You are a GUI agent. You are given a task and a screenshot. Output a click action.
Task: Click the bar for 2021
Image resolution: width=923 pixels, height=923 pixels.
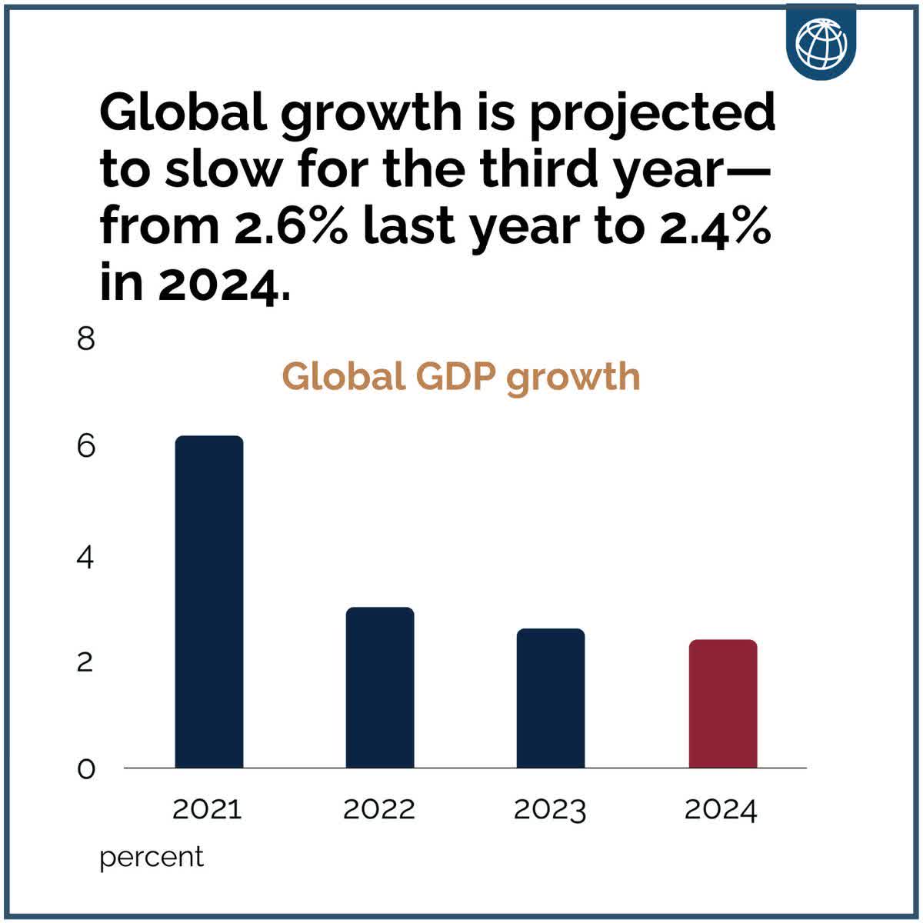pos(209,602)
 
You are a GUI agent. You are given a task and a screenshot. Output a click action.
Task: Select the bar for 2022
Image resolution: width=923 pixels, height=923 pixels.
pos(380,688)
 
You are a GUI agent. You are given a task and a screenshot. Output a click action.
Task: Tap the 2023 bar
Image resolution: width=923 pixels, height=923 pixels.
pos(551,698)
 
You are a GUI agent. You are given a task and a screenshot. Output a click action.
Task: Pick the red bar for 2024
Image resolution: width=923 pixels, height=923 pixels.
pos(722,704)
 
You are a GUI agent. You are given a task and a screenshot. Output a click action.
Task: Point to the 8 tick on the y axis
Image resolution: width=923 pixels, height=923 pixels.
pos(85,338)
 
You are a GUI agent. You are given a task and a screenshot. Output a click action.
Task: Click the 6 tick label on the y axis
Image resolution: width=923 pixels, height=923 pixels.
pos(85,446)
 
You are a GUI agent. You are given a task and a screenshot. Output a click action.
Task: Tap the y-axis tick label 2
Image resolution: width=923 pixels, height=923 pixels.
pos(85,661)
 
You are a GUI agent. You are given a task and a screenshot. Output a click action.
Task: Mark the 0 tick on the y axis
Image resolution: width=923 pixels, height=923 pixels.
pos(85,768)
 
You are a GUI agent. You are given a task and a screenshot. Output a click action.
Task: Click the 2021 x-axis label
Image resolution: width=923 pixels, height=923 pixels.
pos(207,809)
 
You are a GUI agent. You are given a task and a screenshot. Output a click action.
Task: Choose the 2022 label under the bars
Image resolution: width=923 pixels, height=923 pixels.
pos(378,809)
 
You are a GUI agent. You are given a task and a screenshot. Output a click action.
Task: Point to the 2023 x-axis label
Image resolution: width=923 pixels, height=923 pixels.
pos(550,809)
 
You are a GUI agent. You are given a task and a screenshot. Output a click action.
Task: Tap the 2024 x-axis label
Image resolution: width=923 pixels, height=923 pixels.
pos(721,809)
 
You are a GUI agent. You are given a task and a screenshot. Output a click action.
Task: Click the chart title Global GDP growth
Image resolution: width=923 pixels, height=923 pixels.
pos(461,377)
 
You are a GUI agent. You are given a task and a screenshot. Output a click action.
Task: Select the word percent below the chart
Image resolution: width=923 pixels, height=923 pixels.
pos(152,857)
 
